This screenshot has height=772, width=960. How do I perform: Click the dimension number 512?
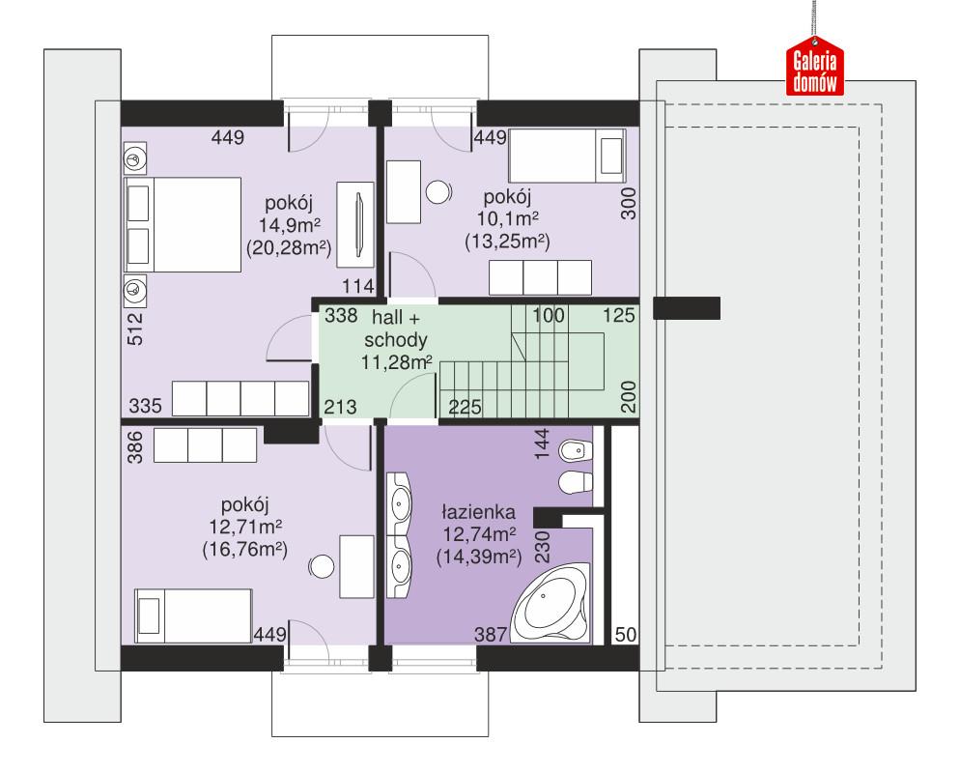coord(135,329)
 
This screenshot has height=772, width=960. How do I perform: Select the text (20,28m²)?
coord(291,248)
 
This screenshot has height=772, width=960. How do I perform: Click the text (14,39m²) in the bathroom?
coord(479,556)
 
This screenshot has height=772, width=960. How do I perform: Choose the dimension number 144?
coord(541,443)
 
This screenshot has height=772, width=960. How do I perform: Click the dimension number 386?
coord(135,446)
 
